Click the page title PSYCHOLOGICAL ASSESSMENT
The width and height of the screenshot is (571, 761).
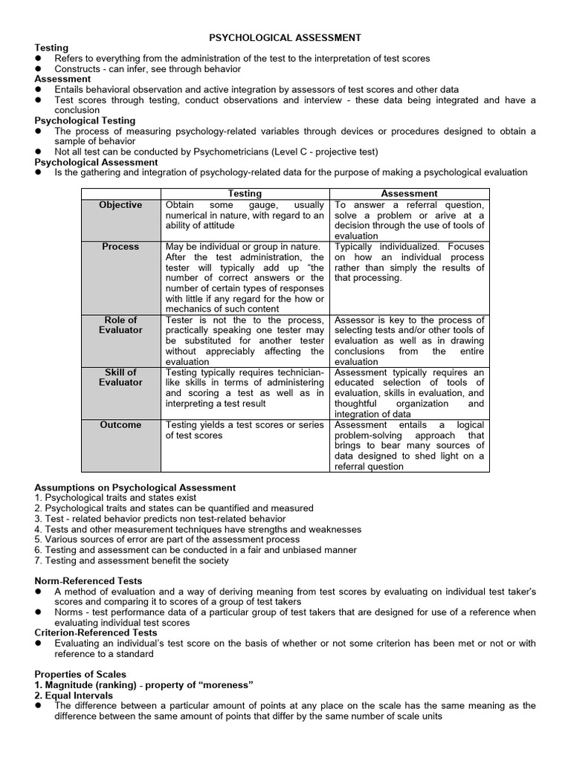(x=285, y=36)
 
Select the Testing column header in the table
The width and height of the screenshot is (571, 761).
(x=245, y=193)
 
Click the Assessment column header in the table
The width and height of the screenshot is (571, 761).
(x=409, y=193)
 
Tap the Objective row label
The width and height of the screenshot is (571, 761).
(x=120, y=205)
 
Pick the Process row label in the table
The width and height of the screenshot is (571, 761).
(x=120, y=247)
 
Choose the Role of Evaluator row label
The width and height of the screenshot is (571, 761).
(x=120, y=325)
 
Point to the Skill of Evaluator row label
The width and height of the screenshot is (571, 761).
(x=120, y=377)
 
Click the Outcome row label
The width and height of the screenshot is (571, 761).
(x=120, y=425)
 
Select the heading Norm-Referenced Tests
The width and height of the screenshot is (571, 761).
(x=88, y=580)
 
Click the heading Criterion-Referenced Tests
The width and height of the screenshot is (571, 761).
(x=96, y=632)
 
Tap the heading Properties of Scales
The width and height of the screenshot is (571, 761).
(x=80, y=674)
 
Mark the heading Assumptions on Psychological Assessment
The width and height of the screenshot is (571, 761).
(x=135, y=488)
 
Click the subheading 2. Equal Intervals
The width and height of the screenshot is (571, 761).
(x=74, y=695)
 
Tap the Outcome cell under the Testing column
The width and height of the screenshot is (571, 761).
(x=245, y=430)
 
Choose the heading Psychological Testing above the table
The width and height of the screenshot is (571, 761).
(x=85, y=120)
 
